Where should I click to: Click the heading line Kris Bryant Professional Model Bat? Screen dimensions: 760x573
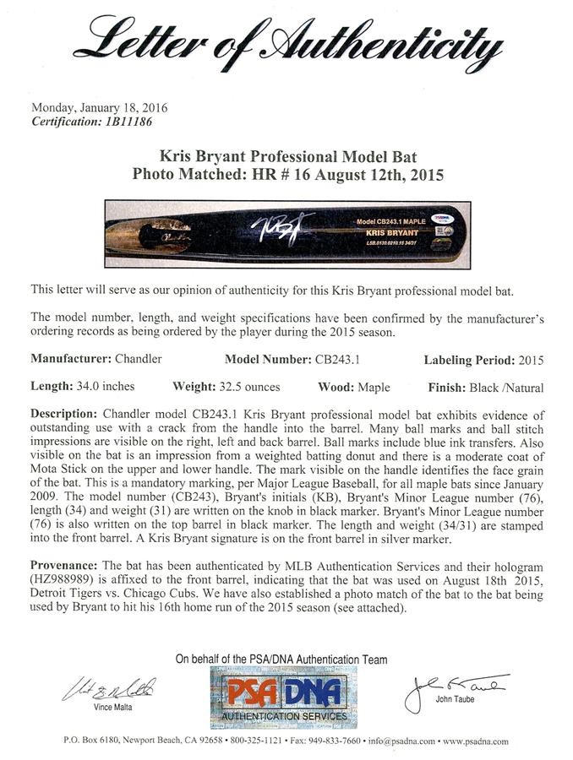[286, 156]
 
